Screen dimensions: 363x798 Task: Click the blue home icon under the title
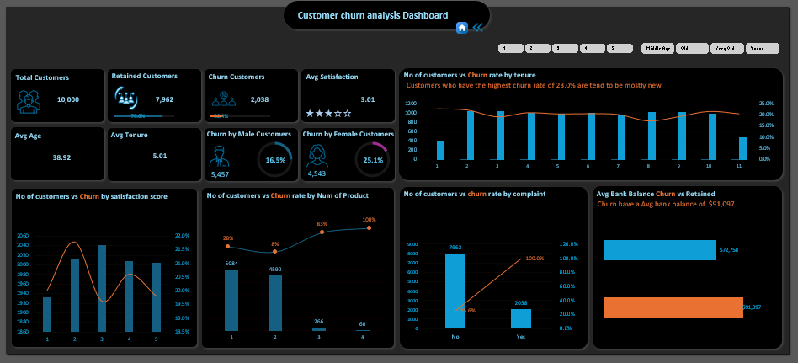tap(461, 28)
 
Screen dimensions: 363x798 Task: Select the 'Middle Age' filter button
tap(657, 49)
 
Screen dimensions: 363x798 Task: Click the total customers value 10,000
tap(68, 99)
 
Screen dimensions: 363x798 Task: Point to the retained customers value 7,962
tap(164, 99)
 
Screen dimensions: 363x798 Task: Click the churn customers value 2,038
tap(260, 99)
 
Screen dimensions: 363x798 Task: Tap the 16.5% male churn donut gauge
tap(275, 159)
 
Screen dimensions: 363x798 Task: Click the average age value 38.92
tap(61, 157)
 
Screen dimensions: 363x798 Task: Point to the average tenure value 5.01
tap(160, 156)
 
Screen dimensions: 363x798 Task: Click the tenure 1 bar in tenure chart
tap(440, 150)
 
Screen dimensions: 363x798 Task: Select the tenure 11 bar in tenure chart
tap(742, 148)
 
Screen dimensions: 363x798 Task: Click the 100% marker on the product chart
tap(369, 228)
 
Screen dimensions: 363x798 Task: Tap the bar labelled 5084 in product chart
tap(231, 300)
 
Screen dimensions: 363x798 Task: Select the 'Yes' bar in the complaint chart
tap(521, 318)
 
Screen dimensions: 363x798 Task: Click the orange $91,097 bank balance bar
tap(673, 307)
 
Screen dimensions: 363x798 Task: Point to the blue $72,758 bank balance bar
tap(660, 250)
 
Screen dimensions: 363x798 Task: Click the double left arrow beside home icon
tap(477, 28)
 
